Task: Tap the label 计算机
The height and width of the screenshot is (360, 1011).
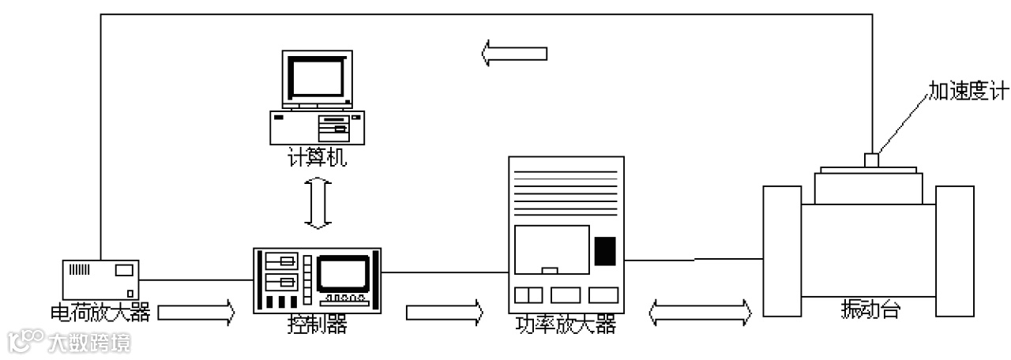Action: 317,159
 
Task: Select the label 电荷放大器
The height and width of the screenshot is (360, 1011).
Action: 100,313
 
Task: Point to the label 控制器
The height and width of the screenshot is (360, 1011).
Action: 318,324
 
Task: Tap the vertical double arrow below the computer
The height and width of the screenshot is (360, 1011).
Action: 318,204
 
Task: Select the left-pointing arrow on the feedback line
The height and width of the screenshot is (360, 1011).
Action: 514,54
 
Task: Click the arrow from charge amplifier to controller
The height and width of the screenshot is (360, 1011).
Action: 196,313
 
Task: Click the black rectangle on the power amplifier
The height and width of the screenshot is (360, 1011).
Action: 604,250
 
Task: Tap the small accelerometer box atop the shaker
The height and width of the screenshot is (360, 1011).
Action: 872,159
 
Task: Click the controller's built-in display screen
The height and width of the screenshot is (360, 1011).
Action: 342,273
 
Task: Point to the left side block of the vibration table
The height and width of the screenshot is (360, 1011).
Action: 783,249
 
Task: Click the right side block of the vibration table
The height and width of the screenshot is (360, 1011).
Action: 954,251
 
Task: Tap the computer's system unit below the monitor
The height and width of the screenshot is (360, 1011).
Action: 317,126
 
